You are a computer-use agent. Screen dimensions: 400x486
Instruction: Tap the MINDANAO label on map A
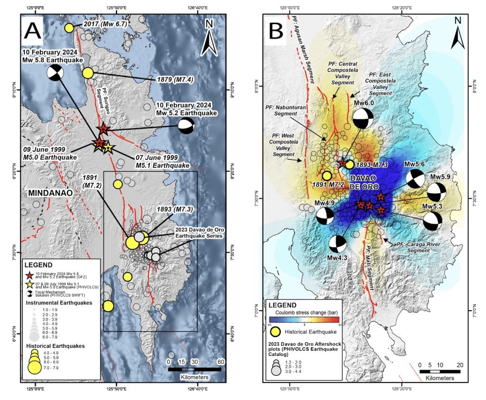[x=43, y=194]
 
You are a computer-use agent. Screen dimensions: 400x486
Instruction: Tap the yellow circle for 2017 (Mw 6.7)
[x=69, y=28]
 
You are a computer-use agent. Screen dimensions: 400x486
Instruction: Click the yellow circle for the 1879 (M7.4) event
[x=88, y=73]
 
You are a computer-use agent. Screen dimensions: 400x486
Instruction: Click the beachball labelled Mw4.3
[x=337, y=244]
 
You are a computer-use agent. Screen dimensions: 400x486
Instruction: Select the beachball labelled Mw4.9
[x=325, y=216]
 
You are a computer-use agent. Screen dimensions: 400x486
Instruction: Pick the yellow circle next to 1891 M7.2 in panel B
[x=327, y=175]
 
